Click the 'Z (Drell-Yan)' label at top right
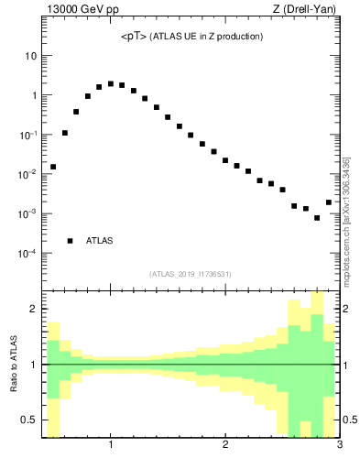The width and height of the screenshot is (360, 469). tap(308, 10)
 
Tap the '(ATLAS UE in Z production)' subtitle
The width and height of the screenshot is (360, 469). tap(207, 37)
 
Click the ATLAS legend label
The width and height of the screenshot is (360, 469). tap(99, 241)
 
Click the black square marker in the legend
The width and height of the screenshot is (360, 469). tap(71, 241)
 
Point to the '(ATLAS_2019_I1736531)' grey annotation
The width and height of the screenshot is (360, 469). tap(191, 274)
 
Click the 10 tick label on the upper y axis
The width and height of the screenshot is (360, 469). tap(30, 56)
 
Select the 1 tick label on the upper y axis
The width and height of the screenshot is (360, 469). tap(33, 95)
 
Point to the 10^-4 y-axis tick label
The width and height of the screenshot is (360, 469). tap(27, 254)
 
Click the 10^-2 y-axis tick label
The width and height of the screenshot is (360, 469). tap(27, 174)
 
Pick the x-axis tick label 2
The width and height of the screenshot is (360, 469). tap(225, 446)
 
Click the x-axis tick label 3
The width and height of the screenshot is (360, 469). tap(339, 446)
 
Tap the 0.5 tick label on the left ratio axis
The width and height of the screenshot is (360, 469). tap(29, 420)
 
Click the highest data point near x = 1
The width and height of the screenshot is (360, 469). tap(111, 83)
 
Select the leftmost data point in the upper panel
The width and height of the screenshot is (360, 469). tap(53, 167)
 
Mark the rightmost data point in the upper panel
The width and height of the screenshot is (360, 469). tap(329, 202)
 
